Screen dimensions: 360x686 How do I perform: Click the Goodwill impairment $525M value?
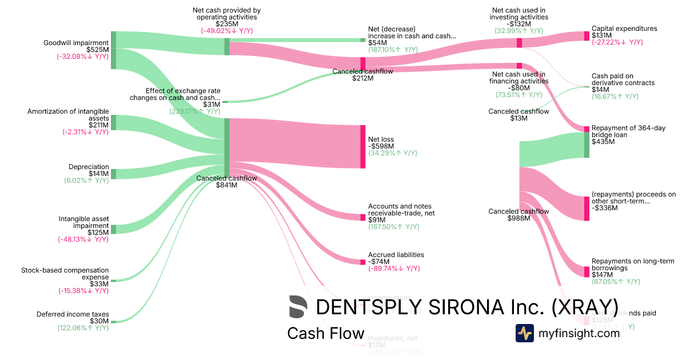point(97,50)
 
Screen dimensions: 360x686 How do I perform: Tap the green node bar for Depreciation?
point(113,174)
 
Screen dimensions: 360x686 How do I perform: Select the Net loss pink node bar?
point(362,146)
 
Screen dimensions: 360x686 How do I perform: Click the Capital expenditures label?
point(624,29)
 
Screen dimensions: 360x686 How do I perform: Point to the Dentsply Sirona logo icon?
point(298,307)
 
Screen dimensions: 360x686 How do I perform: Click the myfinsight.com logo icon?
point(525,333)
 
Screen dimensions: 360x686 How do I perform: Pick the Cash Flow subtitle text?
point(325,333)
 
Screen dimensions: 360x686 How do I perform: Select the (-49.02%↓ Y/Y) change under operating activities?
point(226,31)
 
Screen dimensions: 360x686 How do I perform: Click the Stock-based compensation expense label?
point(65,274)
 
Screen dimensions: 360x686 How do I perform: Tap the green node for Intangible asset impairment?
point(113,229)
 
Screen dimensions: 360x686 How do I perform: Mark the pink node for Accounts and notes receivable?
point(362,217)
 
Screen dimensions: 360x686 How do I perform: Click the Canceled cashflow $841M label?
point(226,182)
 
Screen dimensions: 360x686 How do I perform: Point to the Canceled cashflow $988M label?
point(519,215)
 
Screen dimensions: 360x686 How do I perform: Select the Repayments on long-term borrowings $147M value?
point(603,275)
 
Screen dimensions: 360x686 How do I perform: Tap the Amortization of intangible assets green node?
point(113,122)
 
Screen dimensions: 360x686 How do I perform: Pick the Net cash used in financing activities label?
point(519,78)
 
